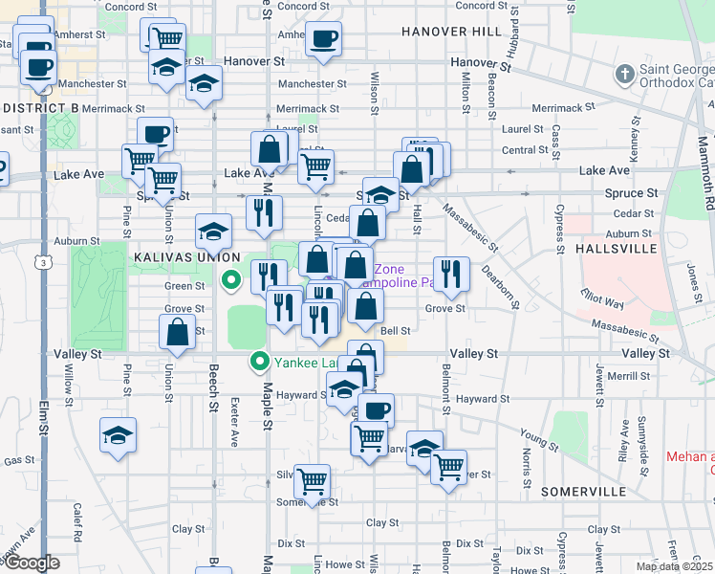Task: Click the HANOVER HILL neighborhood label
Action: click(451, 32)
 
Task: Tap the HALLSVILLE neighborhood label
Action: click(617, 249)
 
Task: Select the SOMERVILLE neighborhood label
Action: click(583, 491)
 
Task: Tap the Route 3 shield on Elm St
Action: click(44, 260)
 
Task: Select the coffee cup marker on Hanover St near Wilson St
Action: click(323, 40)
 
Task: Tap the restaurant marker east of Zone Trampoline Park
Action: click(451, 273)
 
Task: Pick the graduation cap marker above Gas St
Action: click(118, 434)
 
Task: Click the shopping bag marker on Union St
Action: click(178, 333)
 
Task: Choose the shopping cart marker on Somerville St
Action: click(313, 482)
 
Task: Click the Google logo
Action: click(32, 563)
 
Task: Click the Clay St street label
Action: click(381, 523)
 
